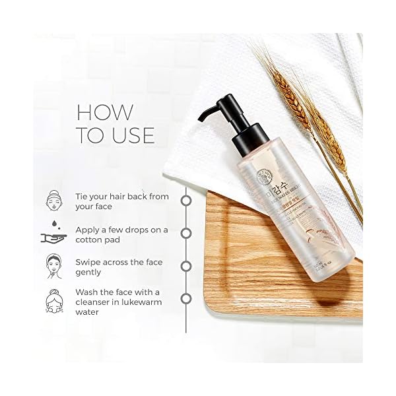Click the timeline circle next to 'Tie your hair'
186,199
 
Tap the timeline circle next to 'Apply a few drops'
186,233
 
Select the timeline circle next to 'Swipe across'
186,267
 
